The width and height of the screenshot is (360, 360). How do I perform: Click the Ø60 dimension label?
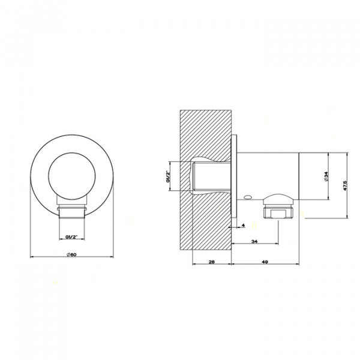(x=71, y=254)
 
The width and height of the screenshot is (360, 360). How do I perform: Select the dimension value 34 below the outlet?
(x=255, y=241)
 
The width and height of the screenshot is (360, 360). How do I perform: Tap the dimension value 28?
(x=212, y=262)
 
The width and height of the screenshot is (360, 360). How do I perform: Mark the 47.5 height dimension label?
(x=344, y=185)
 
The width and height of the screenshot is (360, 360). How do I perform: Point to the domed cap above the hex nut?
(x=277, y=199)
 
